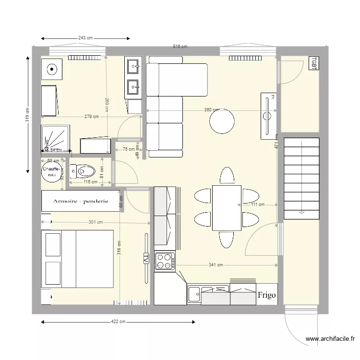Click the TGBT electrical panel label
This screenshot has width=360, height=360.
(x=313, y=63)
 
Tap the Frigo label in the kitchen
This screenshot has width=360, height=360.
(x=266, y=295)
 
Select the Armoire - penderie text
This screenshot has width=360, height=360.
(x=81, y=201)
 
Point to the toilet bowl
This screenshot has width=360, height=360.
(x=85, y=170)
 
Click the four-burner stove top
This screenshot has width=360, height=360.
(x=165, y=262)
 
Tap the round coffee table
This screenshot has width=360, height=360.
(x=222, y=121)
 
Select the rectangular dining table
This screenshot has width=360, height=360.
(x=227, y=208)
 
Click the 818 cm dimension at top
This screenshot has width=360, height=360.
(x=180, y=47)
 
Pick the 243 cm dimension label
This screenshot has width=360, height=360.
(x=85, y=38)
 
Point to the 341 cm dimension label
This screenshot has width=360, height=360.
(x=216, y=264)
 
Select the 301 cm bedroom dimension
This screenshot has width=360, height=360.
(x=96, y=222)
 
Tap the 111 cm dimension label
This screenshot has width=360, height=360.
(x=257, y=204)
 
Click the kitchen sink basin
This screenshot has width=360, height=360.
(x=194, y=294)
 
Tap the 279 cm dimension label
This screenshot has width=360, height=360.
(x=91, y=117)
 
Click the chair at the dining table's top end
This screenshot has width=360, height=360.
(x=227, y=176)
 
